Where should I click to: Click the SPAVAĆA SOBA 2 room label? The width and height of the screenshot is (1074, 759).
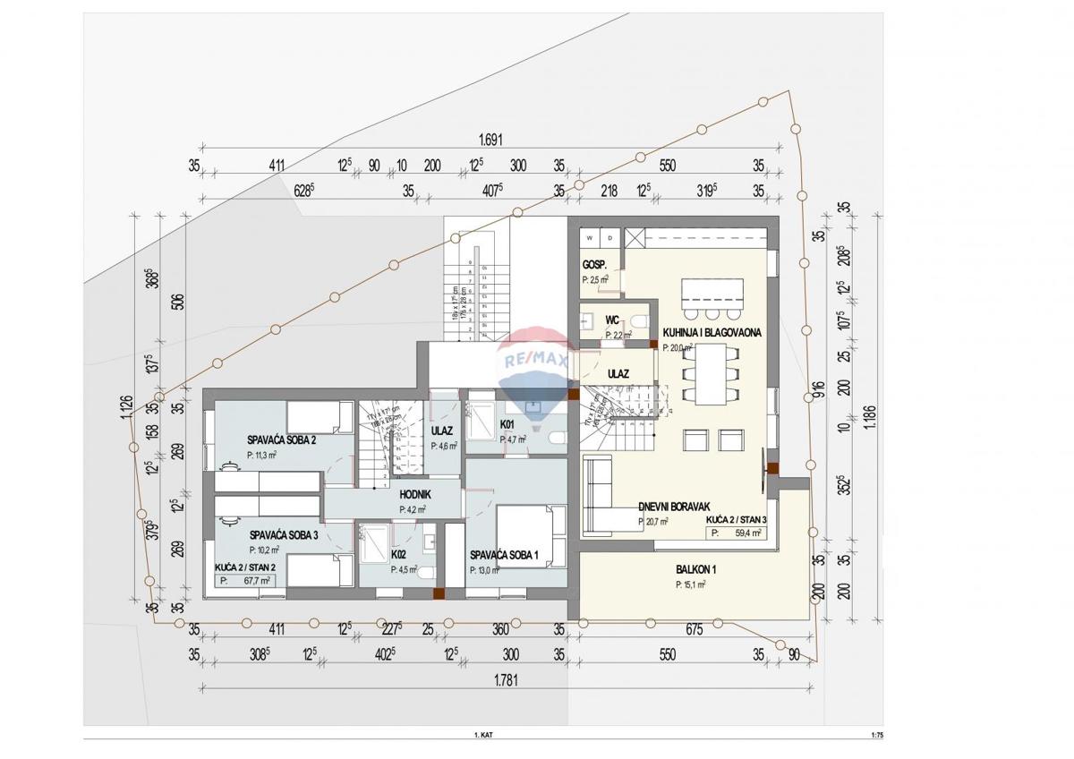tap(282, 439)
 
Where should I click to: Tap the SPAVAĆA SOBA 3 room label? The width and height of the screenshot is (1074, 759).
tap(283, 534)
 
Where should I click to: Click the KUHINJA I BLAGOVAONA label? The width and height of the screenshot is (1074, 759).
tap(712, 333)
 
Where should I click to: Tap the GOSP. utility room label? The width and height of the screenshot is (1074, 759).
tap(595, 266)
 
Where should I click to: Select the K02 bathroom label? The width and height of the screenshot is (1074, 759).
tap(399, 554)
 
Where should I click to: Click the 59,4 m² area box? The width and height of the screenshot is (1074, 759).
tap(737, 533)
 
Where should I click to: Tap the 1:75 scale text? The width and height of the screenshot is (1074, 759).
tap(876, 735)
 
